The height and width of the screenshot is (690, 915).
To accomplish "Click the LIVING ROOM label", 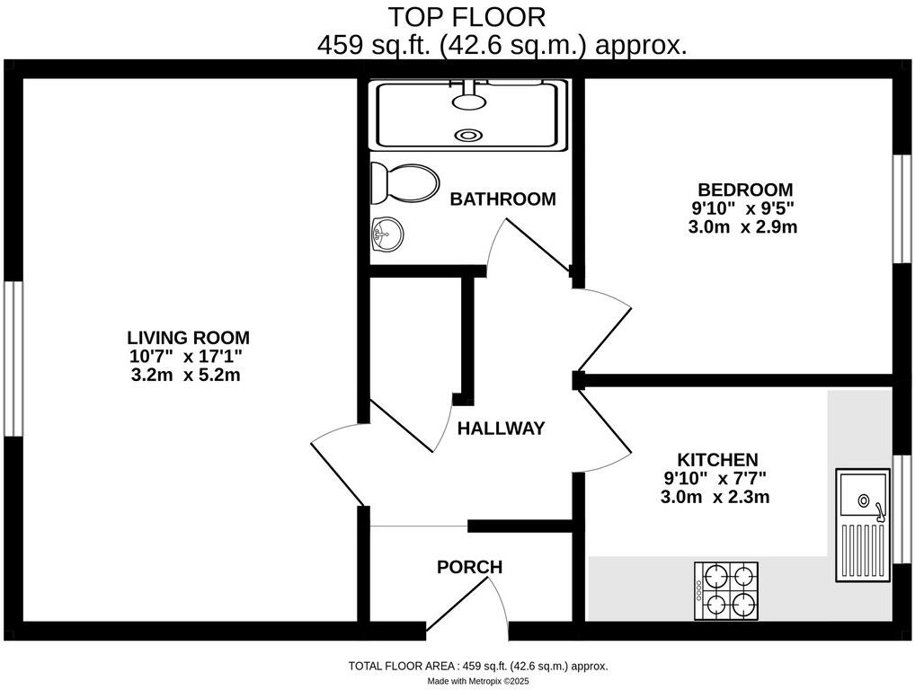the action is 188,338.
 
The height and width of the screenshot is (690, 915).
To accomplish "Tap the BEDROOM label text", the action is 745,190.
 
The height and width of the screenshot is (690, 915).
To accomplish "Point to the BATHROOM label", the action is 503,199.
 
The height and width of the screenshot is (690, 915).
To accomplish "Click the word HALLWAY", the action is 501,429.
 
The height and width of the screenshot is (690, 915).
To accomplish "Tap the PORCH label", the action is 469,567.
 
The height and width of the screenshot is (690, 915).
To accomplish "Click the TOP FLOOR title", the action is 466,16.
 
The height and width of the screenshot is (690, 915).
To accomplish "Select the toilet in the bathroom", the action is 405,183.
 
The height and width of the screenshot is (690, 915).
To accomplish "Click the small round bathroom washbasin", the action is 386,234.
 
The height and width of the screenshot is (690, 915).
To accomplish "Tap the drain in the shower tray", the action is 468,136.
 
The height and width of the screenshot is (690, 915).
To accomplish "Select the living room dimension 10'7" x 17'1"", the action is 188,357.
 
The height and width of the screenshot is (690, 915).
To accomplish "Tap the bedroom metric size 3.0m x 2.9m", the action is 742,227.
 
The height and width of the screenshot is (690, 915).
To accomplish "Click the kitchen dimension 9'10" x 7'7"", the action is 716,478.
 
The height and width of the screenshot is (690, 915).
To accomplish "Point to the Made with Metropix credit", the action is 478,682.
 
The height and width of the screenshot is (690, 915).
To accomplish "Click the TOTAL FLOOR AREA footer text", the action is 478,667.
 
